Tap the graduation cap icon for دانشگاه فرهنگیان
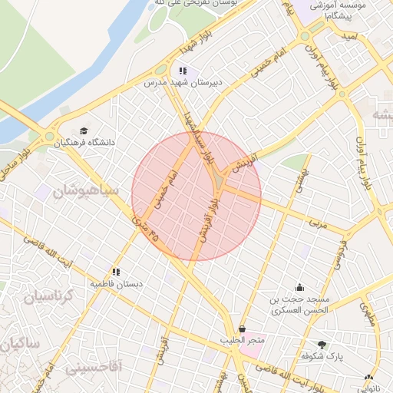point(83,130)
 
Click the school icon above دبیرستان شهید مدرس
point(182,71)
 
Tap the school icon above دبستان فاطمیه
point(116,272)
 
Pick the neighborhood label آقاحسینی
point(93,367)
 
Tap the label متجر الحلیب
point(242,339)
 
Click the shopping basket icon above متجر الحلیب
point(243,329)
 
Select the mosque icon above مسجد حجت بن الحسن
point(299,288)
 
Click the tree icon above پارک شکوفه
point(322,345)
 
